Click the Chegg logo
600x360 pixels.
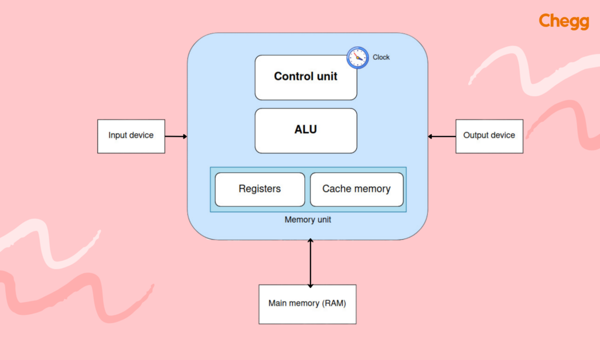pos(563,22)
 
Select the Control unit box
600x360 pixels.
pos(305,77)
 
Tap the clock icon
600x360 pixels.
pos(357,57)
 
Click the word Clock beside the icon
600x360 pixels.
pos(381,57)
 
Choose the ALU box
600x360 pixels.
pos(305,130)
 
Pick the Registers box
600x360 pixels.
pos(260,189)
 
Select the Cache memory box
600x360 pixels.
pos(356,189)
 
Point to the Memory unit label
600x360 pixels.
pos(308,220)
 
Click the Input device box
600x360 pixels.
pos(131,136)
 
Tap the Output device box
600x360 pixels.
pos(489,136)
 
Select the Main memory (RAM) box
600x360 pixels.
pos(307,304)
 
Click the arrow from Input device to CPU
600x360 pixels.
pos(176,137)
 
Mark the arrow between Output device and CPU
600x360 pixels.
pos(442,137)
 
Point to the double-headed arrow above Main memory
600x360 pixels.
pos(311,263)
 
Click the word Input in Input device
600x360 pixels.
pos(117,135)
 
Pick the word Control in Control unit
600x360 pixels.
pos(294,76)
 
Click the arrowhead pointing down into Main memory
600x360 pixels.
pos(311,284)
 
